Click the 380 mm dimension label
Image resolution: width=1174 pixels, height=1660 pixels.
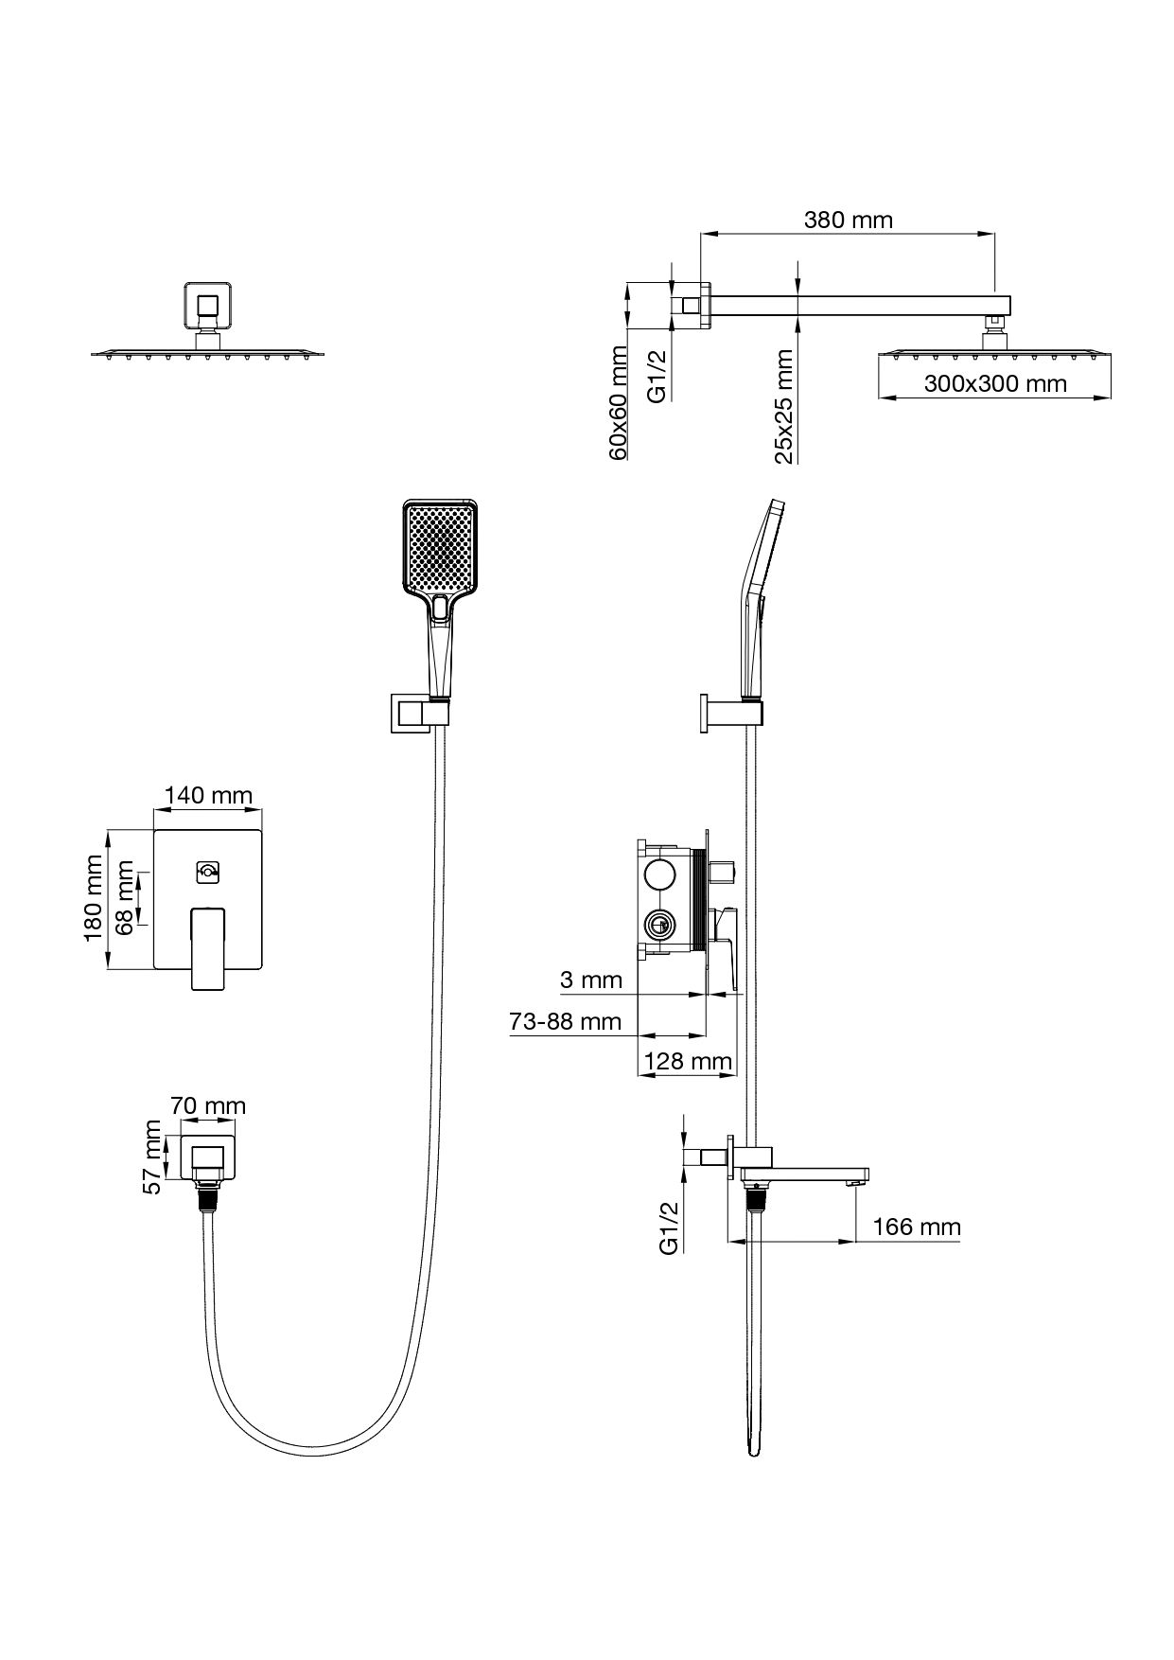[848, 221]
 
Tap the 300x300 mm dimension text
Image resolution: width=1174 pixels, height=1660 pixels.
[994, 383]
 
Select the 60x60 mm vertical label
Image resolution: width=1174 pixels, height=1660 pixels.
[618, 403]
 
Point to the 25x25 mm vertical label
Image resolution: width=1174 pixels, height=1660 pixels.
[783, 407]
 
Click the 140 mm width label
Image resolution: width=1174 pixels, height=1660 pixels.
[208, 794]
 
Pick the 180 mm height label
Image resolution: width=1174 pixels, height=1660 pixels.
[93, 897]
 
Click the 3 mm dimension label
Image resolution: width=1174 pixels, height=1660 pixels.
[591, 980]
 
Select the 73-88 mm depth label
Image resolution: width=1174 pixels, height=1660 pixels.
[566, 1021]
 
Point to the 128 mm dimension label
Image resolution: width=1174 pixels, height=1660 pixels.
[688, 1062]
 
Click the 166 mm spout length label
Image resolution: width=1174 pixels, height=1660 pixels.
[916, 1227]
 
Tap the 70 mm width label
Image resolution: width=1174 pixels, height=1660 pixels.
[208, 1105]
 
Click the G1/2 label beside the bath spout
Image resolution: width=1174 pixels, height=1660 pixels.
[669, 1227]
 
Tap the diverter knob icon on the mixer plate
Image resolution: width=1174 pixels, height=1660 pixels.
[208, 872]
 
